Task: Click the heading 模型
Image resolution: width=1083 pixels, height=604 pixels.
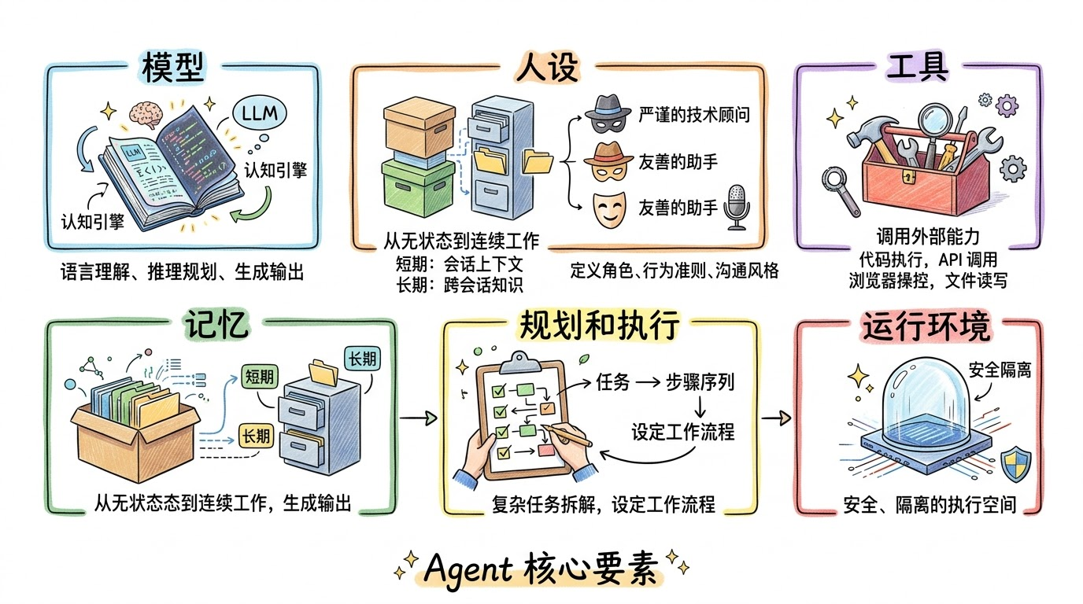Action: pos(174,69)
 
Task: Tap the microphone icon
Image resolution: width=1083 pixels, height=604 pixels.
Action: pos(736,208)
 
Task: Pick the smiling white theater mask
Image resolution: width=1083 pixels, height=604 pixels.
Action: pos(607,208)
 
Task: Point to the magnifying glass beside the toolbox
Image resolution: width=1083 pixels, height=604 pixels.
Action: pos(838,188)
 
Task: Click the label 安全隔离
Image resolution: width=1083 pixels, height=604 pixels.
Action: pos(999,369)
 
